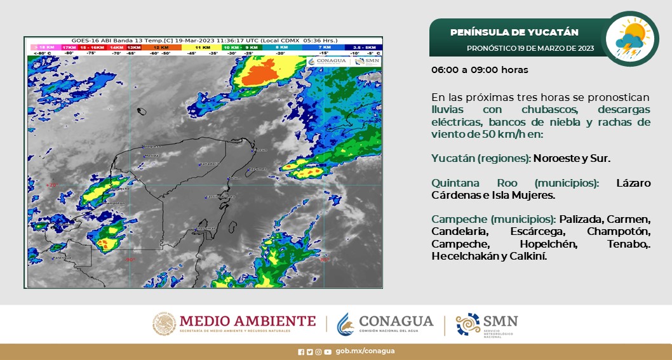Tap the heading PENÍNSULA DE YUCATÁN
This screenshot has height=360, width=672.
tap(514, 32)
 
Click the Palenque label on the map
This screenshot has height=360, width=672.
tap(62, 258)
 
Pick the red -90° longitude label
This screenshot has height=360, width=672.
tap(131, 259)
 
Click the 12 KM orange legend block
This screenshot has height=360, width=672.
tap(161, 48)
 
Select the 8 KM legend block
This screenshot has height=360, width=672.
tap(281, 48)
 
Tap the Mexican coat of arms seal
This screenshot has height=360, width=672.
tap(164, 324)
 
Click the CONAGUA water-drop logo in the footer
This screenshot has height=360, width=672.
tap(345, 324)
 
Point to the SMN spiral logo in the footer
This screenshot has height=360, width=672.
tap(468, 324)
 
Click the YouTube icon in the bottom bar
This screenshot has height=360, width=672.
tap(327, 351)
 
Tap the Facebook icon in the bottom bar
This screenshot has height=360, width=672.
tap(301, 351)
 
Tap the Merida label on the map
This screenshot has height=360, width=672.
tap(152, 155)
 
